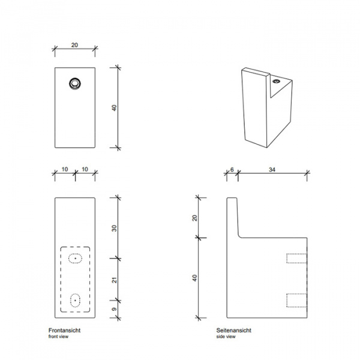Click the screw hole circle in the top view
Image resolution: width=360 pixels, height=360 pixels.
point(75,84)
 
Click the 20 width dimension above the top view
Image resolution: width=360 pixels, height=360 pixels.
point(75,45)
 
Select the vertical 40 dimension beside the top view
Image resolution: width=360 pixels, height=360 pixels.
point(113,107)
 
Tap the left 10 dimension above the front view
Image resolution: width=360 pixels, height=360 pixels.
point(65,170)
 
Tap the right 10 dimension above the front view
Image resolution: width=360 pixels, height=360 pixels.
point(85,170)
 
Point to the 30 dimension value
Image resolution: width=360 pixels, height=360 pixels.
point(113,228)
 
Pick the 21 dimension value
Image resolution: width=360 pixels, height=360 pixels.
point(113,280)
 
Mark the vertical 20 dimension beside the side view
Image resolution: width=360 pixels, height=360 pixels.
point(194,217)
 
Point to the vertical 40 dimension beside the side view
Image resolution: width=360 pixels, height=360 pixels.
point(194,278)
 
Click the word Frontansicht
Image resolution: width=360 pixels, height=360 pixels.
point(64,331)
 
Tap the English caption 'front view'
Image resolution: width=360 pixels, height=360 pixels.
point(58,337)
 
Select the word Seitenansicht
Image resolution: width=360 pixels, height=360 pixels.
point(233,331)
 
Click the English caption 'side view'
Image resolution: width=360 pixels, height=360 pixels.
point(226,337)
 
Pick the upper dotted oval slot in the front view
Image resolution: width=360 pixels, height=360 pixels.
point(76,259)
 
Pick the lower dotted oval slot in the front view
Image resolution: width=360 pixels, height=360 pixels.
point(76,300)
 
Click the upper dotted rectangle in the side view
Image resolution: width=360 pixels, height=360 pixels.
point(296,259)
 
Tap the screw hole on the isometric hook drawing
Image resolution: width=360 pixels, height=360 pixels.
point(277,80)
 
